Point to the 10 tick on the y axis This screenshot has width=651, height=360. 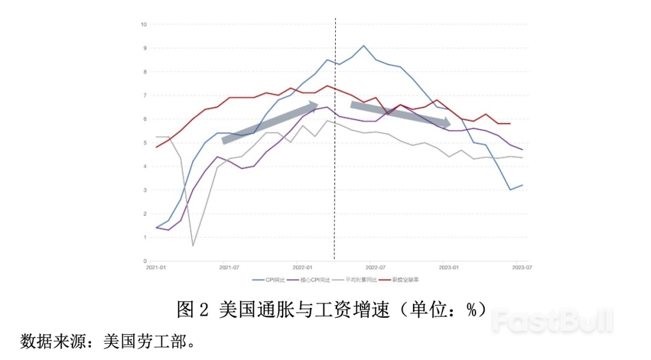143,25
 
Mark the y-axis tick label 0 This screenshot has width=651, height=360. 145,261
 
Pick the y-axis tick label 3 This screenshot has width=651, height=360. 145,190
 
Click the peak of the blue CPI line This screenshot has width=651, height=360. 363,45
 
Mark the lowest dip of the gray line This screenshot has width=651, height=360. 193,245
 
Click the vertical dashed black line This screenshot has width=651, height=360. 335,181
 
